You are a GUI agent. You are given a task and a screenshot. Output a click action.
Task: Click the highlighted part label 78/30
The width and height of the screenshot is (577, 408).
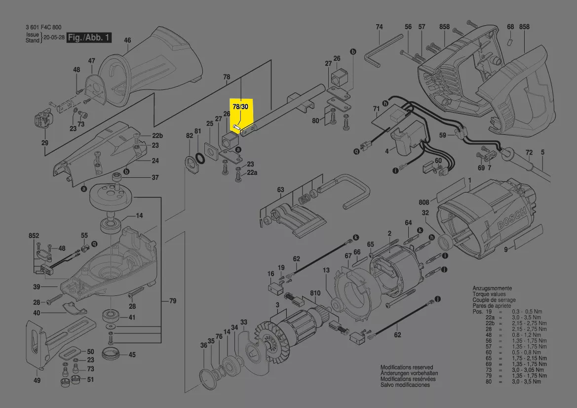point(240,106)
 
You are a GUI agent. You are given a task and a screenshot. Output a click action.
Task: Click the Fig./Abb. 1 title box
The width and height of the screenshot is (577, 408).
point(89,38)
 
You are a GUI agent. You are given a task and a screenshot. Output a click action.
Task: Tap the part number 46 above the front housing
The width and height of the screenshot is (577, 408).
point(127,41)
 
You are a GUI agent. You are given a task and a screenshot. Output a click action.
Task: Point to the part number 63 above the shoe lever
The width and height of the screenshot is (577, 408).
point(280,190)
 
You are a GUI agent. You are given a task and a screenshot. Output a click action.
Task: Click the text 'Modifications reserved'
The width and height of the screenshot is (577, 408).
point(406,367)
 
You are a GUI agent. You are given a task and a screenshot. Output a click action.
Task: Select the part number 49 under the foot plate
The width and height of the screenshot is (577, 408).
point(37,380)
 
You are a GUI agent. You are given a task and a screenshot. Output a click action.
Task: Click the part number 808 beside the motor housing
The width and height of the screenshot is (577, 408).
point(424,202)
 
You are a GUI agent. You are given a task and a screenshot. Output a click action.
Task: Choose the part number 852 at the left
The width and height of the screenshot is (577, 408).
point(34,237)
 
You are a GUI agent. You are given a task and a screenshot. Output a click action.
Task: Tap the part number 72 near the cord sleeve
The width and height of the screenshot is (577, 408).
point(529,152)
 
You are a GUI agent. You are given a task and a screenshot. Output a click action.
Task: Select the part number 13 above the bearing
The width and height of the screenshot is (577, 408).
point(326,270)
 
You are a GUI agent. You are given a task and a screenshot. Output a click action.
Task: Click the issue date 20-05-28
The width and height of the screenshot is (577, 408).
point(53,38)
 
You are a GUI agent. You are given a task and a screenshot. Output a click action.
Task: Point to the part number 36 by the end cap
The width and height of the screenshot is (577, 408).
point(203,346)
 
